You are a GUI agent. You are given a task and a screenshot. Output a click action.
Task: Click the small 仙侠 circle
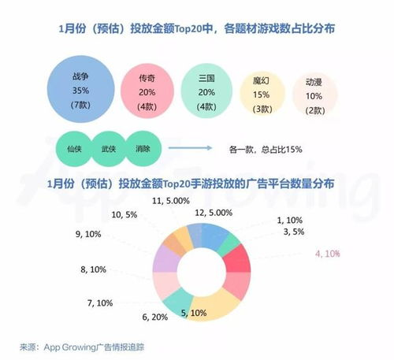(x=76, y=147)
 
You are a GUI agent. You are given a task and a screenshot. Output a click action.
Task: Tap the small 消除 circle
(x=143, y=147)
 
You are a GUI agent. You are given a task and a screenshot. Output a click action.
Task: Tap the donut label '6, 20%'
(x=154, y=317)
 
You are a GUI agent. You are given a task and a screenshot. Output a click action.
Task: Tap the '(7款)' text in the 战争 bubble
(x=80, y=105)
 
